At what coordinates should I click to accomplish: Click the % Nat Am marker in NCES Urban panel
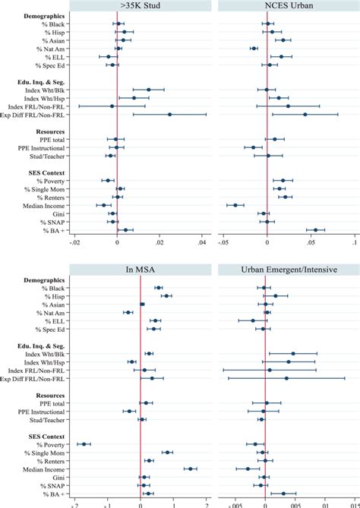[254, 49]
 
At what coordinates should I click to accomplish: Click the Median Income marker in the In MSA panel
[190, 469]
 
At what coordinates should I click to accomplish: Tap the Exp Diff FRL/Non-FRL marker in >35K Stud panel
[169, 114]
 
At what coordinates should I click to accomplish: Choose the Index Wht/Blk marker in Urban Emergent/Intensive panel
[293, 353]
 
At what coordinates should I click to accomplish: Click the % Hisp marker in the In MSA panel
[166, 295]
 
